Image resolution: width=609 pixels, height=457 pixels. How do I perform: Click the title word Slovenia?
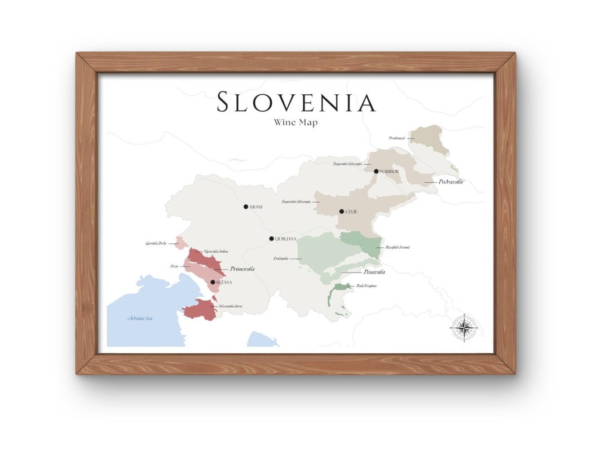pos(295,103)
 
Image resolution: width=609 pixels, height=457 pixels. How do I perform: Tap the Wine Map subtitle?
pos(295,122)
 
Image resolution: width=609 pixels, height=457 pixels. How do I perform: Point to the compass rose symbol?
pos(464,327)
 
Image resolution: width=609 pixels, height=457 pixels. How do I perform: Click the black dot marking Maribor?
pos(376,171)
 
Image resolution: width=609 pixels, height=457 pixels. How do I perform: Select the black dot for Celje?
pos(341,212)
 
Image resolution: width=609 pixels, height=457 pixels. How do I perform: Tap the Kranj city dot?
pos(246,207)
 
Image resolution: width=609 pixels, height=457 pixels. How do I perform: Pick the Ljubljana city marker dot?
pos(271,239)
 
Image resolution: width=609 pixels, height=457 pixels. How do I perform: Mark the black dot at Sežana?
pos(213,282)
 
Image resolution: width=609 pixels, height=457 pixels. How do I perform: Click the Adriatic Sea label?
pos(140,319)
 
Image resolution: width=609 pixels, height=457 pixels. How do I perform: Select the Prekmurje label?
pos(397,138)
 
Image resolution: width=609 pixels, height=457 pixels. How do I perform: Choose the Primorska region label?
pos(242,269)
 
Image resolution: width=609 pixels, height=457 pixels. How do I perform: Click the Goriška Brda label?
pos(156,244)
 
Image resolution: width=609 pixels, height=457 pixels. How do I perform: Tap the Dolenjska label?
pos(281,259)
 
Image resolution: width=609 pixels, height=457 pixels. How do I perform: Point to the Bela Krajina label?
pos(367,286)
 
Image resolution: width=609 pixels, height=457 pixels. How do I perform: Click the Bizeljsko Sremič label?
pos(398,247)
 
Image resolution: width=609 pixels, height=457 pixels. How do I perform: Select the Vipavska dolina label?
pos(216,251)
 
